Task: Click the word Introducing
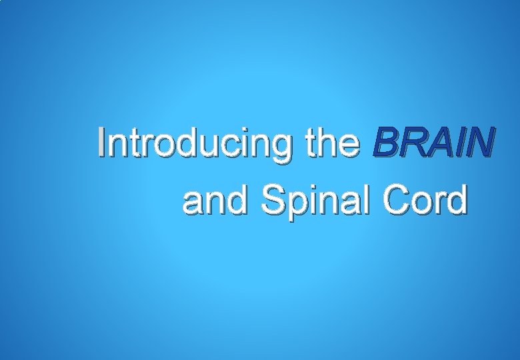194,144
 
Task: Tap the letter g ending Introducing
281,146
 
